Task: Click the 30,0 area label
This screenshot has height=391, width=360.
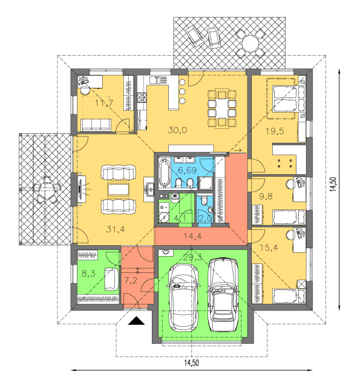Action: (x=177, y=130)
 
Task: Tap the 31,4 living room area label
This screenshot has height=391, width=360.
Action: (x=116, y=229)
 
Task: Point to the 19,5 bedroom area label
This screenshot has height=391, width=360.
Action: (x=275, y=131)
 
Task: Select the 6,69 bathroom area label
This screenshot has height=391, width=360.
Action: (x=187, y=170)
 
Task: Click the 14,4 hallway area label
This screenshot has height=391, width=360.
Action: (x=193, y=236)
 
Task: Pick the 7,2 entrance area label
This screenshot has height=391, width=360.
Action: (x=131, y=281)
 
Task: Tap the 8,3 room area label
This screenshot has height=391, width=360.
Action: (x=89, y=274)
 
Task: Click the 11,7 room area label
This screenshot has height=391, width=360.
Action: (x=104, y=102)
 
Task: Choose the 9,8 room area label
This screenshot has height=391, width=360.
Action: (x=266, y=196)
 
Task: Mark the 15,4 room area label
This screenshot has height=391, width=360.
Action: (x=269, y=248)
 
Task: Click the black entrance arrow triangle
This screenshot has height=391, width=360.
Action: (x=136, y=321)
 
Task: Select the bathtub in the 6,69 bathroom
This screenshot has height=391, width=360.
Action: (x=164, y=172)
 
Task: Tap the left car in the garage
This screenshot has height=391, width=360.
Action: (x=185, y=298)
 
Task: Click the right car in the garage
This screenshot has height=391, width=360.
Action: (x=223, y=295)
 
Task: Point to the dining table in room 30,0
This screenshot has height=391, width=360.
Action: (x=221, y=108)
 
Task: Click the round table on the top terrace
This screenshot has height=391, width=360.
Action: (x=250, y=42)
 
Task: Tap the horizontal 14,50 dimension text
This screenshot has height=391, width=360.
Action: (x=191, y=363)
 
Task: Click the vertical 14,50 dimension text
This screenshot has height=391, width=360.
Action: (x=333, y=184)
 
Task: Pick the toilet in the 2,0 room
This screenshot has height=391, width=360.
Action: (x=204, y=200)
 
